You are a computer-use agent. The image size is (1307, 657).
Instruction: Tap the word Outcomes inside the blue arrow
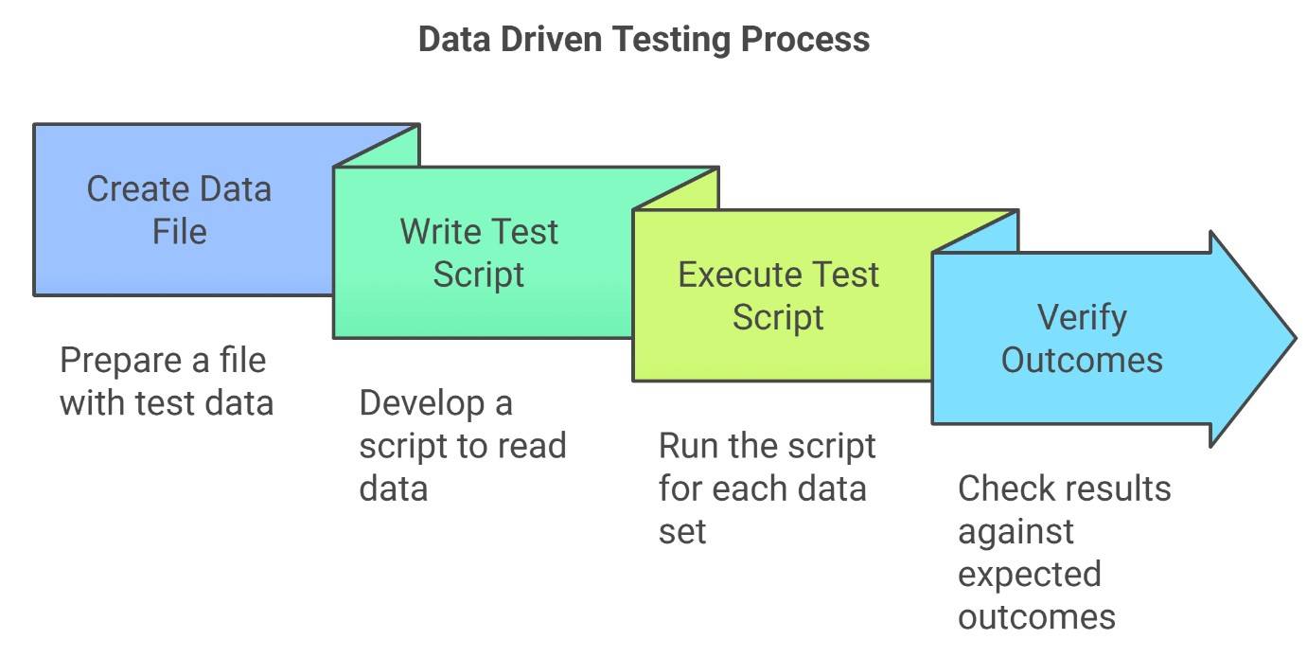click(x=1082, y=360)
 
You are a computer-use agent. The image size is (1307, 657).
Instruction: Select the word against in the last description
click(x=1016, y=532)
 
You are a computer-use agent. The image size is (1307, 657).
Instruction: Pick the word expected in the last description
click(x=1030, y=575)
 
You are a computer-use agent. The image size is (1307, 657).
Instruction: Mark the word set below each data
click(x=681, y=532)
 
